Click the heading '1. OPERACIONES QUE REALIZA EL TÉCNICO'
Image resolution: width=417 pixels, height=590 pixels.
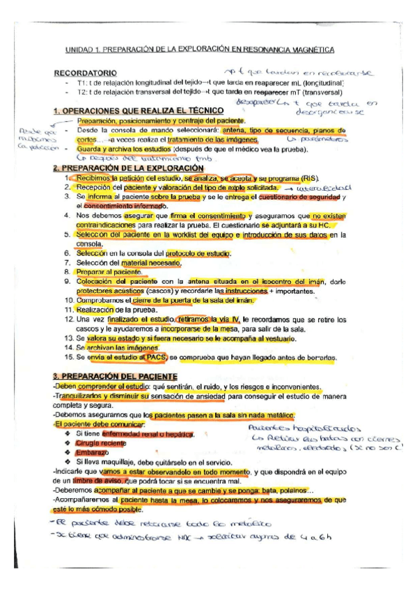click(139, 111)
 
